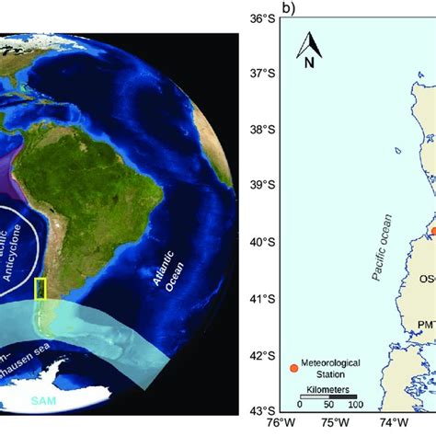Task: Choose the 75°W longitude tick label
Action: click(x=338, y=424)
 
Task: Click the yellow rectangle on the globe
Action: click(x=40, y=289)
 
